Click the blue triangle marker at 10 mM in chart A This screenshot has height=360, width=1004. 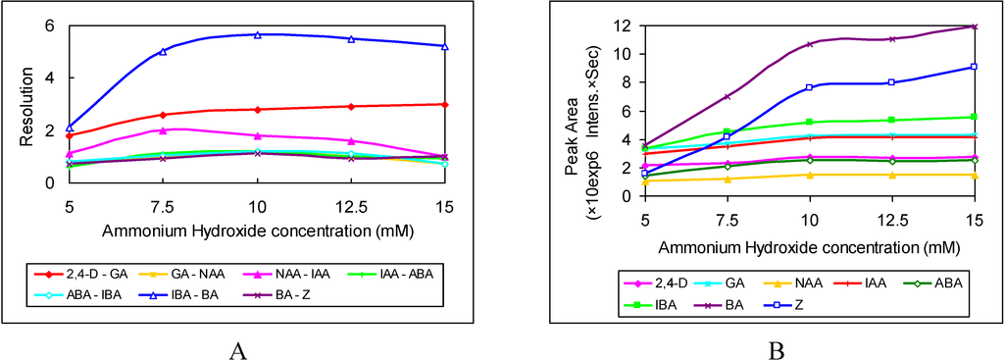point(257,34)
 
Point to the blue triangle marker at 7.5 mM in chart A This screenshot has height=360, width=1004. point(163,51)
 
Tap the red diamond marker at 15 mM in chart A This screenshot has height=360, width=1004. point(445,104)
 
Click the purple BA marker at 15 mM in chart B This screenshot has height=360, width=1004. point(973,26)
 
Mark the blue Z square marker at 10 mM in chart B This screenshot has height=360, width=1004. point(809,87)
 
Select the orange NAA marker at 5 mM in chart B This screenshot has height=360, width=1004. point(644,181)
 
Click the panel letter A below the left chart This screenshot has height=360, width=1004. point(237,347)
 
